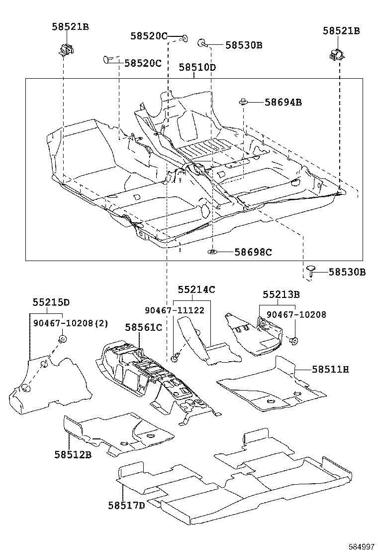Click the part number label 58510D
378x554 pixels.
point(197,67)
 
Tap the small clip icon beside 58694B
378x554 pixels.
point(243,102)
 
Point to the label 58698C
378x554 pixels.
point(253,252)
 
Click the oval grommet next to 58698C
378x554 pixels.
point(212,252)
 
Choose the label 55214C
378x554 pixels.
point(196,289)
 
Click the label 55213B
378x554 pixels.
point(281,294)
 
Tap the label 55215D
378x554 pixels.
point(51,302)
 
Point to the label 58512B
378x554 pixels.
point(73,454)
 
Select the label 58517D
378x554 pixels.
point(126,505)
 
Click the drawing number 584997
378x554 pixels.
point(361,547)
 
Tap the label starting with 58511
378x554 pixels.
point(330,369)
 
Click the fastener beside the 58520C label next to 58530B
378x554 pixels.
point(184,37)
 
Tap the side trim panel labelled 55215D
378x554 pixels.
point(50,379)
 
